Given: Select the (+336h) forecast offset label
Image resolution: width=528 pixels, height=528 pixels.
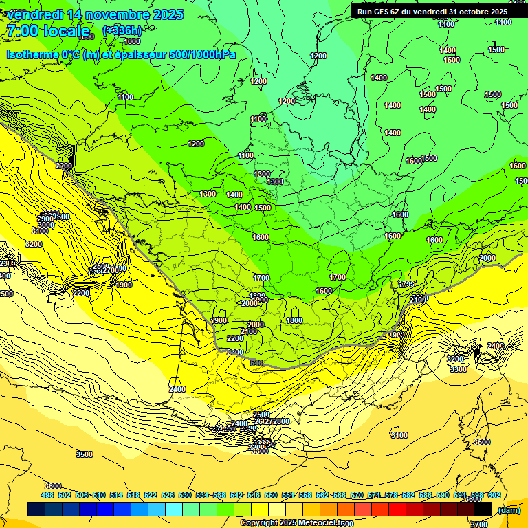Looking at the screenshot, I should (122, 30).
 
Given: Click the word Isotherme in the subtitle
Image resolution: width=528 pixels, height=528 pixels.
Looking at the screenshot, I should (32, 54).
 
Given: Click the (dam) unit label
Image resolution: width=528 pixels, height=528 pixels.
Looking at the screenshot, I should (509, 510).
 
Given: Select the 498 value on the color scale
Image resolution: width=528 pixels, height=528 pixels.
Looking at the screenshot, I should (47, 495).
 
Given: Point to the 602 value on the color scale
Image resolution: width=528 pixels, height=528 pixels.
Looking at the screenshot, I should (494, 495).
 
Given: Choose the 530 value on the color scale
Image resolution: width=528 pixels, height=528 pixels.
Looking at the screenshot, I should (185, 495).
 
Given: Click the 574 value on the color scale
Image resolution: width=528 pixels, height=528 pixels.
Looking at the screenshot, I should (374, 495).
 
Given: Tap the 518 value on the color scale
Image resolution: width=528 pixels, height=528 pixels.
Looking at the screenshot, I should (133, 495).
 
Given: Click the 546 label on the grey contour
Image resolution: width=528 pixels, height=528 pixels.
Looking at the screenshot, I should (257, 363).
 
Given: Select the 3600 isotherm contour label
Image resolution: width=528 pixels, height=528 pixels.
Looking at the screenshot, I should (52, 486).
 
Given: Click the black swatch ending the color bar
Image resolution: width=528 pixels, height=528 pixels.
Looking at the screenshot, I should (483, 509).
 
